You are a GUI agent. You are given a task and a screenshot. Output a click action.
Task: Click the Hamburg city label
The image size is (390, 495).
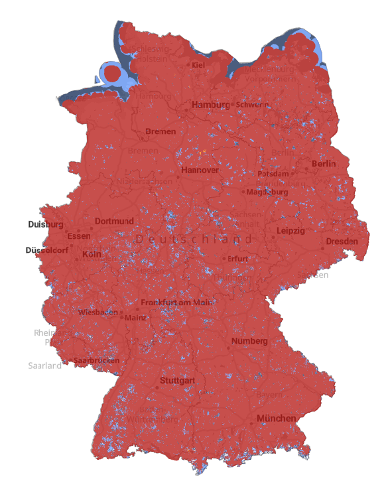point(211,105)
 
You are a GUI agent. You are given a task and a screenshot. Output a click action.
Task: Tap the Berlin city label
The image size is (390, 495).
point(324,164)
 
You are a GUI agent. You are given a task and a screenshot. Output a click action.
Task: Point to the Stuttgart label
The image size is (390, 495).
point(177,381)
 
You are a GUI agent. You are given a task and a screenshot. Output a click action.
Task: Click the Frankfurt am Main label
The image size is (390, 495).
point(176,303)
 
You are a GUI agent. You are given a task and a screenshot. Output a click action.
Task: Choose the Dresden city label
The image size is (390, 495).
point(342,242)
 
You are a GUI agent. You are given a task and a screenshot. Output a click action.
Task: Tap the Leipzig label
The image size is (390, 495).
point(291,231)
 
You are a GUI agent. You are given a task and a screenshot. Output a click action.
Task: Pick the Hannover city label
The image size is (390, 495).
point(200,171)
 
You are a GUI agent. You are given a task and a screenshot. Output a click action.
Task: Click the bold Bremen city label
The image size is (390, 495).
point(161,131)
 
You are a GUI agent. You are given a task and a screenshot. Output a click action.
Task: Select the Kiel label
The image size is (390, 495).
point(198,65)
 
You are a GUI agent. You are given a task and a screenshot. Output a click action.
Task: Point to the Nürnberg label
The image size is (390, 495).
point(250,342)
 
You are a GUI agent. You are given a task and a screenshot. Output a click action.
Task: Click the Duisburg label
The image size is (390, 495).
point(46,224)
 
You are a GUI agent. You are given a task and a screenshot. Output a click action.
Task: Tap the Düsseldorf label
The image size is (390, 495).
point(46,250)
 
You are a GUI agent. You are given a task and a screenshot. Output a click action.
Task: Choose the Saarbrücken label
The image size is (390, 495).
point(97,360)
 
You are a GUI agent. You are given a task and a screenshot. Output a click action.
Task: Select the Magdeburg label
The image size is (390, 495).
point(268,192)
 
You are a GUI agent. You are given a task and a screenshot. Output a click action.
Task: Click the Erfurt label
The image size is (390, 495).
point(237,259)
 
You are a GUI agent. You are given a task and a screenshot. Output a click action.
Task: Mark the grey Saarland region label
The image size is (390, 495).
point(44,366)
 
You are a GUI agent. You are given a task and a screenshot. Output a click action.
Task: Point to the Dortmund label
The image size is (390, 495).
point(114,221)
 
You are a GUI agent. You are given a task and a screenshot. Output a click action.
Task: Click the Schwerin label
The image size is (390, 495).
point(252,105)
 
